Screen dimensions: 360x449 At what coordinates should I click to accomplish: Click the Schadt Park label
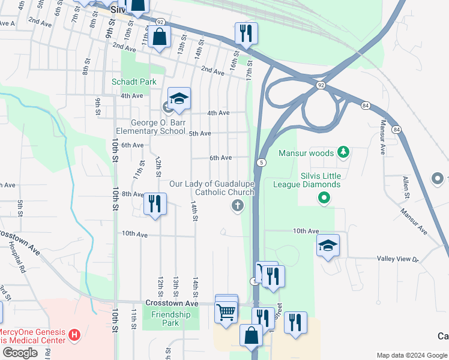(x=133, y=82)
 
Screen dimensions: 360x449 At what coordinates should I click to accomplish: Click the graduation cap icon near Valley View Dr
(x=328, y=245)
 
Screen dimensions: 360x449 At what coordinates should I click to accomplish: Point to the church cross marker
(x=238, y=206)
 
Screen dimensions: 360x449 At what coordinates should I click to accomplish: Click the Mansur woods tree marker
(x=343, y=152)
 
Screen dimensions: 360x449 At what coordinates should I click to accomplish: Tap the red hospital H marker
(x=74, y=334)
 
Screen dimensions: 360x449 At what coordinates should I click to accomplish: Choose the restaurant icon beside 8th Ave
(x=155, y=204)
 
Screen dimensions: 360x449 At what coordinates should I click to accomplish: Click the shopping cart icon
(x=226, y=311)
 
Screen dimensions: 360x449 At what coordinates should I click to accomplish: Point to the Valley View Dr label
(x=397, y=259)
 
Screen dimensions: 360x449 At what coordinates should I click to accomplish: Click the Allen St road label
(x=406, y=187)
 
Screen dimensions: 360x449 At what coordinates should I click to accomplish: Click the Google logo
(x=20, y=353)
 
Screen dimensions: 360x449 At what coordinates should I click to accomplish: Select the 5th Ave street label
(x=200, y=133)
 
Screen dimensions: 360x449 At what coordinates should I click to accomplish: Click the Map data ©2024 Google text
(x=411, y=355)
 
